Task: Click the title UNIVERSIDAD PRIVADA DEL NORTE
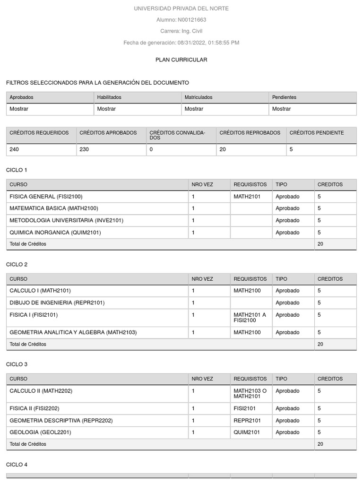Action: click(x=181, y=9)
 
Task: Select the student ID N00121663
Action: click(x=191, y=20)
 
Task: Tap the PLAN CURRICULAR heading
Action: click(x=181, y=60)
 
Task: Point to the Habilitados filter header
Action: click(x=109, y=97)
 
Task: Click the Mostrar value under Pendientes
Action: click(x=282, y=109)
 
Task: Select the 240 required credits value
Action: click(x=15, y=149)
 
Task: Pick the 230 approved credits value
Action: click(x=85, y=149)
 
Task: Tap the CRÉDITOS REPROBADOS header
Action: click(x=250, y=133)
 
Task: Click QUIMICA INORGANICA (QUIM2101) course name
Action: click(x=55, y=233)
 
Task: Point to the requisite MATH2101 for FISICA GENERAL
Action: click(x=247, y=196)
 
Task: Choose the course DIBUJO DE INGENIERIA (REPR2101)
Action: click(x=57, y=302)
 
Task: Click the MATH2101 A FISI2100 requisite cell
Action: click(x=250, y=318)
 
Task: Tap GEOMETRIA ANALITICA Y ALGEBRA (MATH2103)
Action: click(x=73, y=332)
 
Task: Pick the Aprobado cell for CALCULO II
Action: click(x=287, y=391)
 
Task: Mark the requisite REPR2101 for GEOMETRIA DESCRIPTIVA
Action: click(x=247, y=420)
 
